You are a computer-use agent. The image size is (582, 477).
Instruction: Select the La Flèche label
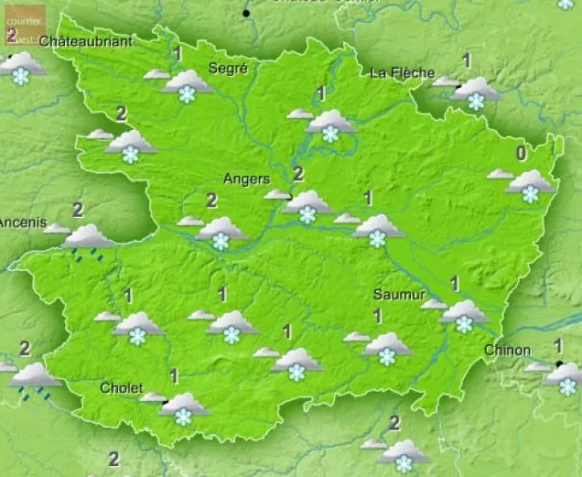click(x=404, y=72)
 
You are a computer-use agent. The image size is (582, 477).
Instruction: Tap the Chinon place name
click(x=507, y=350)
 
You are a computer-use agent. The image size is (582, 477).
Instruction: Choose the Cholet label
click(x=121, y=388)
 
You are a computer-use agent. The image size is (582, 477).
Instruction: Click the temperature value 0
click(x=522, y=153)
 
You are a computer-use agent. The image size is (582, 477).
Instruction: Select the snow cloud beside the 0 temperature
click(x=531, y=184)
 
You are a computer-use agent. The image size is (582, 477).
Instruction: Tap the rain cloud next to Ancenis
click(x=88, y=240)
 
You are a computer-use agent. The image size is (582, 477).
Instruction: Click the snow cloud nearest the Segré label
click(x=188, y=86)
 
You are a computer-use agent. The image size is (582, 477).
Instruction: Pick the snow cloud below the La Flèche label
click(x=476, y=92)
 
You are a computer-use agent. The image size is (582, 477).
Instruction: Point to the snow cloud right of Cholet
click(x=183, y=407)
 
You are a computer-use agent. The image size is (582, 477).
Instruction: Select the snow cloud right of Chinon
click(x=566, y=377)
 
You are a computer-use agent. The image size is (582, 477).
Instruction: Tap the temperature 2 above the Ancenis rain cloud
click(x=78, y=210)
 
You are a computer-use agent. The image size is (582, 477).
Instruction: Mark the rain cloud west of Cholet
click(x=35, y=378)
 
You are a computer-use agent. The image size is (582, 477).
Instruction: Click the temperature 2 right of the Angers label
click(x=297, y=174)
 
